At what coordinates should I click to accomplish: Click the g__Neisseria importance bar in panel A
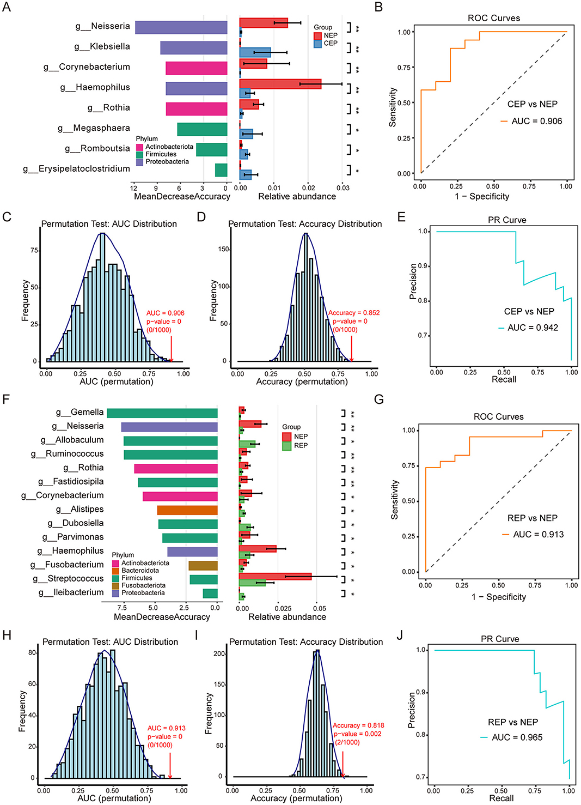181,27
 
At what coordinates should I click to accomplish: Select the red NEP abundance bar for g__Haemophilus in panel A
280,84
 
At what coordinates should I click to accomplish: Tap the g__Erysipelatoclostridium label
76,169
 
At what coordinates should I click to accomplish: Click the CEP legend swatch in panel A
318,44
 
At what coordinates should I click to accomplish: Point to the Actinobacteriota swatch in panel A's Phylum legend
140,147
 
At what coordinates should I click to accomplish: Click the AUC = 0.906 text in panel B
536,121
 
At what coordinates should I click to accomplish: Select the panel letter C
7,217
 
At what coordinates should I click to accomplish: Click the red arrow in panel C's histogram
172,349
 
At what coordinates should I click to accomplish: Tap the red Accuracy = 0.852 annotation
354,313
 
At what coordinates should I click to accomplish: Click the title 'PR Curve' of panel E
507,220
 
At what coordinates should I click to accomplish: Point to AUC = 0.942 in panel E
533,328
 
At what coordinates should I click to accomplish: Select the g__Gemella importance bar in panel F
162,413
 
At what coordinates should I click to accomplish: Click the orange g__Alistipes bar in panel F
187,510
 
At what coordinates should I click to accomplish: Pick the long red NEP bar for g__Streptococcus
275,576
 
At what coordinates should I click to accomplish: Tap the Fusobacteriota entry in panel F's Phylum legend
143,585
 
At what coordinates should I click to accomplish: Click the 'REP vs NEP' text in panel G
533,518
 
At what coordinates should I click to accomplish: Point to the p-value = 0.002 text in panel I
357,734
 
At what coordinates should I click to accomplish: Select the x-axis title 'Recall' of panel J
501,798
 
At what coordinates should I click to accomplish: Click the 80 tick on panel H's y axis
32,653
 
